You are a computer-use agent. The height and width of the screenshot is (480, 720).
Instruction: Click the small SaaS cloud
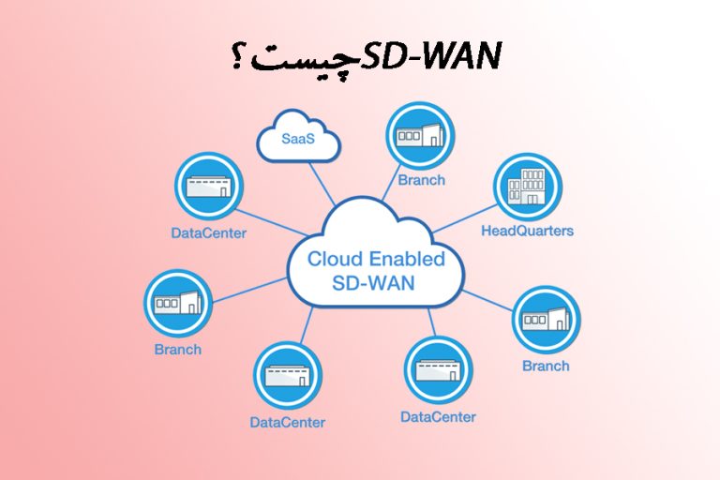tap(298, 138)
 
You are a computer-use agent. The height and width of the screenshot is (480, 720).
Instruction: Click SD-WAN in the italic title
tap(442, 56)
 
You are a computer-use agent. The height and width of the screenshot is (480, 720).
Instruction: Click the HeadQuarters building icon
tap(527, 186)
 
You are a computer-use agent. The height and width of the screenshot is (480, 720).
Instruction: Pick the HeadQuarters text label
tap(527, 230)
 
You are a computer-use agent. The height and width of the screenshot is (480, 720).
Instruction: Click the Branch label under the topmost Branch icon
tap(421, 180)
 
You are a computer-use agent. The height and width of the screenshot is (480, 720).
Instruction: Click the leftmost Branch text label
tap(177, 350)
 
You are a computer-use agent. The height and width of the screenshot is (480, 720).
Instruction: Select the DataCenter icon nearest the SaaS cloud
tap(208, 187)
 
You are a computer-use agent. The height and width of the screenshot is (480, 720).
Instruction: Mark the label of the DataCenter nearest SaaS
tap(208, 232)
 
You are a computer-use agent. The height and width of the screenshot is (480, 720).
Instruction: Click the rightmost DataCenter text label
tap(438, 416)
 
